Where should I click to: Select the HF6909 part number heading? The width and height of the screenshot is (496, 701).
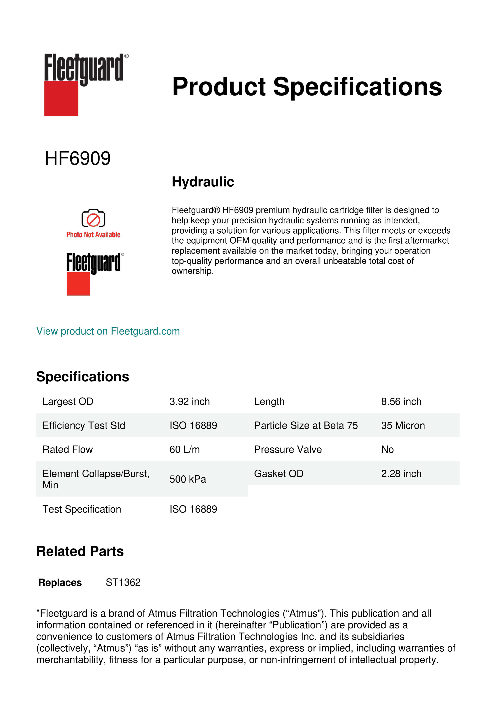tap(78, 158)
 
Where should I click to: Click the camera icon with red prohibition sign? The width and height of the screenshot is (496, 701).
tap(93, 218)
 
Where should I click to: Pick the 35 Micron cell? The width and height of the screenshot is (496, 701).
tap(403, 426)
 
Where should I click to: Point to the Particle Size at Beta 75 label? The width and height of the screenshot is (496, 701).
tap(306, 426)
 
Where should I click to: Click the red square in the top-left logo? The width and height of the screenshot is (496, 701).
tap(61, 99)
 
